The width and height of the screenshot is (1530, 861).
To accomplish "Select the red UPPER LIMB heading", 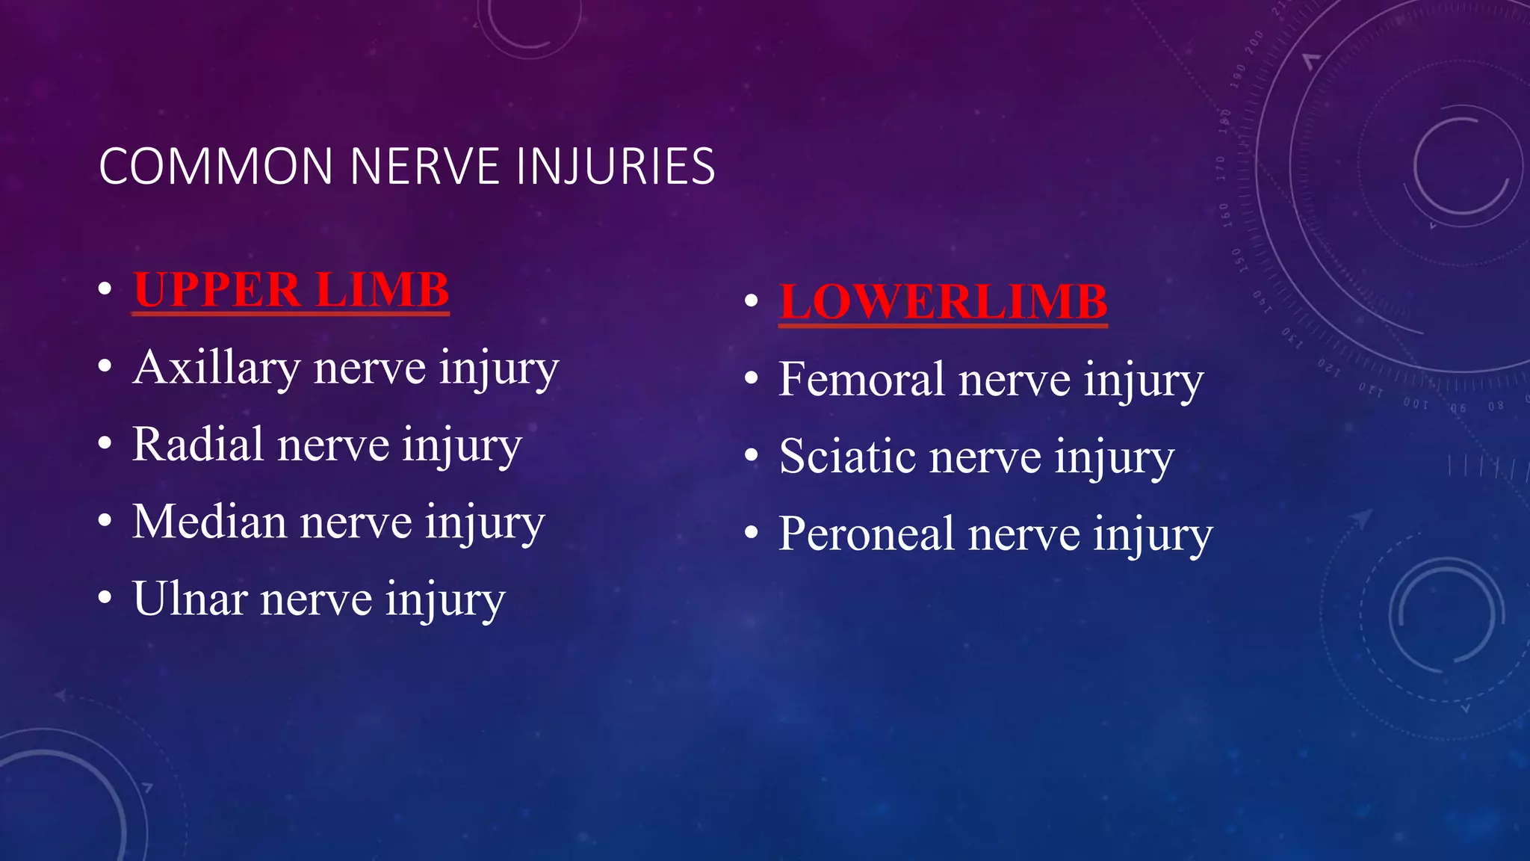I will click(x=291, y=290).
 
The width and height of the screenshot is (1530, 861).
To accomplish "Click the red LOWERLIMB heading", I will click(x=943, y=302).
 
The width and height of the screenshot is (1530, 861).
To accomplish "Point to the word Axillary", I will click(x=216, y=368).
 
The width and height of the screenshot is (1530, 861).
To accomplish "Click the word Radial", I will click(x=198, y=445).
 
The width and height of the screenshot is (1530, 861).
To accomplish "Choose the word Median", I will click(x=209, y=522).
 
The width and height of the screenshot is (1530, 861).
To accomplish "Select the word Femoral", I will click(x=861, y=380).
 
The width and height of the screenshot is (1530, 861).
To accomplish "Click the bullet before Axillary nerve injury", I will click(x=105, y=366).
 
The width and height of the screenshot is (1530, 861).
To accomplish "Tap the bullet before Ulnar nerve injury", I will click(x=105, y=597).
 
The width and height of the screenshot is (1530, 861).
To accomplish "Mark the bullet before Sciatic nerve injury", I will click(x=752, y=455).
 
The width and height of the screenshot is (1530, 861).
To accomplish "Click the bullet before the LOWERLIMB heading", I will click(x=752, y=300).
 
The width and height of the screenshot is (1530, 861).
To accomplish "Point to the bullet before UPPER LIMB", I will click(x=105, y=288).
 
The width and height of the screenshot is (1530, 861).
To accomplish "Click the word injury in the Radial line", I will click(x=462, y=446).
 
